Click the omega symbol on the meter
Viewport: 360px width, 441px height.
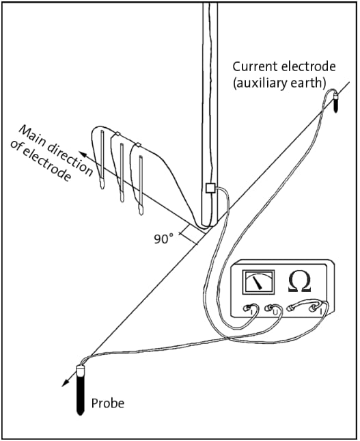[300, 282]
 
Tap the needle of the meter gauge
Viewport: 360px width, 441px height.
[258, 282]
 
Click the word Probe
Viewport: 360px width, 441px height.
[108, 403]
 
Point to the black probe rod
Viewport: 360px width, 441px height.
[80, 396]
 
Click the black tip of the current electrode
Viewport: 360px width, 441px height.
[335, 105]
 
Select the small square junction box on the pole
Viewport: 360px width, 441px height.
[210, 187]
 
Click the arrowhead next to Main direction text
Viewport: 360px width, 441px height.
[81, 154]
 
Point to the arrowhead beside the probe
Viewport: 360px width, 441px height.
[65, 382]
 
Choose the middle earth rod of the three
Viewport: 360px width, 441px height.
[122, 172]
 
